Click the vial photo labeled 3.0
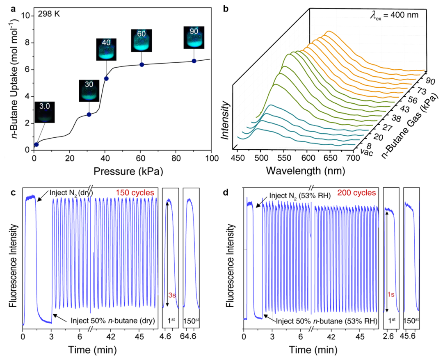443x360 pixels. pyautogui.click(x=44, y=112)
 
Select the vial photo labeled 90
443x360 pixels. pyautogui.click(x=194, y=37)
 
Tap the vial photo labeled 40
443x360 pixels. pyautogui.click(x=106, y=49)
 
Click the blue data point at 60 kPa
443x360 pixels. pyautogui.click(x=142, y=64)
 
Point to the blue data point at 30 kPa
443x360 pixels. pyautogui.click(x=89, y=114)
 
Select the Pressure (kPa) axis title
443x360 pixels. pyautogui.click(x=123, y=170)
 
